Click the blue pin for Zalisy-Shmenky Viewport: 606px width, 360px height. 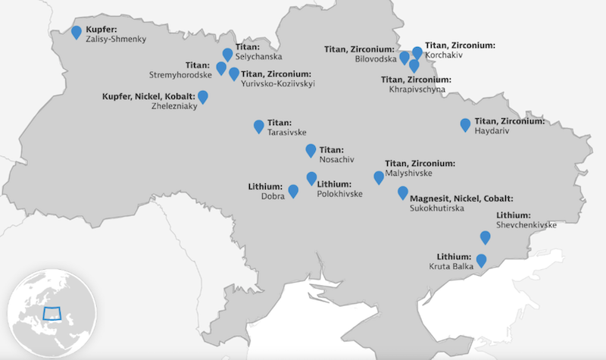point(77,32)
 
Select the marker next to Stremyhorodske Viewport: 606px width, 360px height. point(221,68)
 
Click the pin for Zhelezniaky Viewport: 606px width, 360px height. point(203,96)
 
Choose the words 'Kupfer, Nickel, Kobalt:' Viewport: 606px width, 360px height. point(148,97)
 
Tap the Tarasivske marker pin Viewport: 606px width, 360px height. point(259,126)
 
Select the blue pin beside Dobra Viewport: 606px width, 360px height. point(293,189)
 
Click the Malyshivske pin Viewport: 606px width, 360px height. point(379,177)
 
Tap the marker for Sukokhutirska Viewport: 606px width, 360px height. point(403,193)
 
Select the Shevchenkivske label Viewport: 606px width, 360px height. point(526,225)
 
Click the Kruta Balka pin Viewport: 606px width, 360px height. point(480,261)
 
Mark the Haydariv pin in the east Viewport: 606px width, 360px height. point(465,124)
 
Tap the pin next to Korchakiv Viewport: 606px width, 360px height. point(417,52)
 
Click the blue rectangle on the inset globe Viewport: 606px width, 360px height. point(53,312)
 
